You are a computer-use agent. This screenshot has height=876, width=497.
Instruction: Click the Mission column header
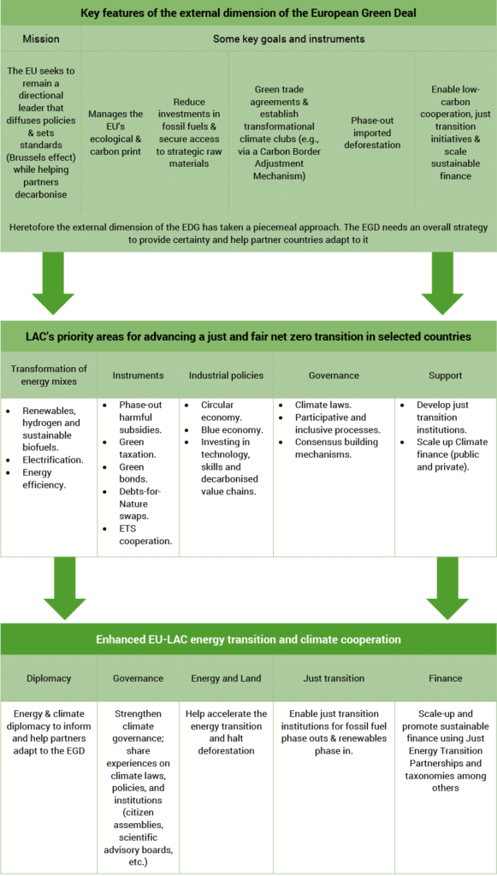41,38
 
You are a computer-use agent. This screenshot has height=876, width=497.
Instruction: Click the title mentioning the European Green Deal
248,14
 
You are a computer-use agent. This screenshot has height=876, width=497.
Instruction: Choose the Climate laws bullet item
319,405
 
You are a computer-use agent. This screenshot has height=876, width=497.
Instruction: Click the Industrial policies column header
226,375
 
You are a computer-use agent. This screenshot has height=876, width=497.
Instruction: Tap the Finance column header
445,678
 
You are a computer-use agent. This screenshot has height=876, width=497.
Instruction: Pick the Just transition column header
334,678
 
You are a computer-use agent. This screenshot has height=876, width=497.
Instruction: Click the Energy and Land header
227,678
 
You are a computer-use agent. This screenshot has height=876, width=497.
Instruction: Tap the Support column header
445,375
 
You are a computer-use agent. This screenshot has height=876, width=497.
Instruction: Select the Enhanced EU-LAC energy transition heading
248,639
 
